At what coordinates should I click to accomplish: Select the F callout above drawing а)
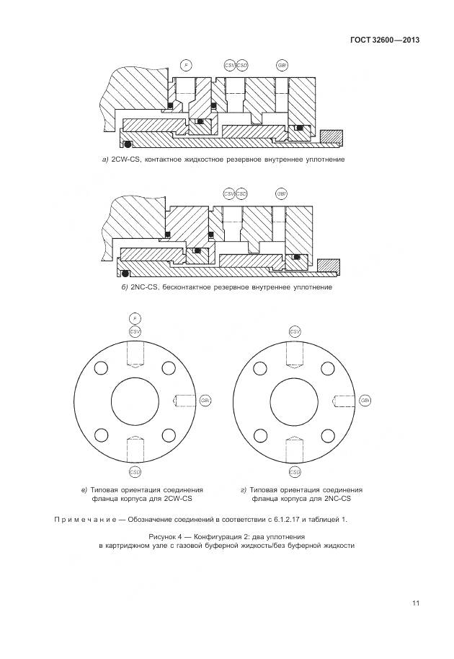coord(186,66)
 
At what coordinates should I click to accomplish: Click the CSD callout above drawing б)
coord(241,193)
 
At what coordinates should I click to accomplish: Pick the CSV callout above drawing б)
coord(229,193)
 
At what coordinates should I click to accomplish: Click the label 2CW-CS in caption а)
coord(127,159)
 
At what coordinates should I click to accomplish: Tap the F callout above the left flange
coord(134,318)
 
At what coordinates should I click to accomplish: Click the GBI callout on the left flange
coord(205,401)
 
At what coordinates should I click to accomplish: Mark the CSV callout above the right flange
coord(295,331)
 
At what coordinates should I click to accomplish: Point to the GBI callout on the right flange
coord(365,401)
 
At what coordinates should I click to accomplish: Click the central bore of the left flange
coord(134,401)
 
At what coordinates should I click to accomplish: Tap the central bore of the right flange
coord(295,401)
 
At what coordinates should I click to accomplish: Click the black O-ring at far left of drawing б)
coord(125,274)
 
